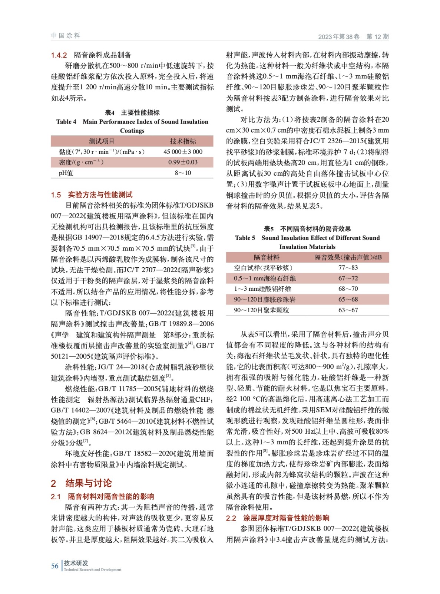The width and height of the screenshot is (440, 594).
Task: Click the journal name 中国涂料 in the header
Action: tap(66, 36)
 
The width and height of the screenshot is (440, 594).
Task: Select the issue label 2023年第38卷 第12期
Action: tap(353, 36)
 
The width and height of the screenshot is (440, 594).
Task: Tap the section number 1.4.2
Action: tap(59, 55)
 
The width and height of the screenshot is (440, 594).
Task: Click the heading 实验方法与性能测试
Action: tap(100, 195)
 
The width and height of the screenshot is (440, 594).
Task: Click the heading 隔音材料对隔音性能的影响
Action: tap(111, 496)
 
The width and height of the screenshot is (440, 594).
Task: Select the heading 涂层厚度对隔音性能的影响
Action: tap(286, 518)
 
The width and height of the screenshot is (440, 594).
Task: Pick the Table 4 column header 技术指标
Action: tap(183, 141)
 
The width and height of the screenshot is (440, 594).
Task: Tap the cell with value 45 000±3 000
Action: tap(183, 151)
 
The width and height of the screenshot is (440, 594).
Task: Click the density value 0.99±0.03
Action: tap(183, 162)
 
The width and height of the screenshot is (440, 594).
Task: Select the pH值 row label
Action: tap(66, 173)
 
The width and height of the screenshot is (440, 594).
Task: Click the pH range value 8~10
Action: tap(183, 173)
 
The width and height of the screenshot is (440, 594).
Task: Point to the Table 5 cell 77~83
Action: tap(348, 268)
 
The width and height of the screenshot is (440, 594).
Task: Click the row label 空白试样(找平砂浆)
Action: tap(263, 268)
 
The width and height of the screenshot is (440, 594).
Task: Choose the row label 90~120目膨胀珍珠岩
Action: tap(265, 300)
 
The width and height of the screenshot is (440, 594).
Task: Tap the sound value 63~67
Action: tap(348, 310)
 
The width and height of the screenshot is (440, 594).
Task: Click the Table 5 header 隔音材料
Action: tap(267, 257)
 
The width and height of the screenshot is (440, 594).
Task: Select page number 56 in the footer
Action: tap(55, 566)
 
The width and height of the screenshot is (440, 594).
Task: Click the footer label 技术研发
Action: tap(76, 563)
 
